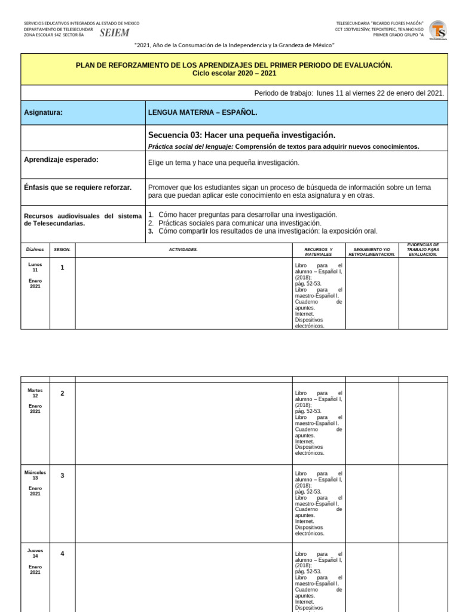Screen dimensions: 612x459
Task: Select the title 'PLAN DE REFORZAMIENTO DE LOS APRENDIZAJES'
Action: [x=234, y=65]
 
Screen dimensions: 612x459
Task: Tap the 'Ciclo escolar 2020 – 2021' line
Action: [x=234, y=73]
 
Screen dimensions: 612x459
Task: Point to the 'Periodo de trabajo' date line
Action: [x=349, y=93]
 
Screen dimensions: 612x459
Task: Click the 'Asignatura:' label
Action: [x=43, y=112]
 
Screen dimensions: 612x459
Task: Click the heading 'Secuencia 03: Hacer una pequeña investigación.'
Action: [x=241, y=135]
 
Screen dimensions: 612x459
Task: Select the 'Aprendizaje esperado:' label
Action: [x=61, y=160]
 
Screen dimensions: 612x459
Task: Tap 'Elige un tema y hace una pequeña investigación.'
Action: [x=224, y=163]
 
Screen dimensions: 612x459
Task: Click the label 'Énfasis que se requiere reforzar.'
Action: [x=78, y=188]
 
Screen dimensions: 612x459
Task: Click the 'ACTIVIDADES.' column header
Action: [x=183, y=249]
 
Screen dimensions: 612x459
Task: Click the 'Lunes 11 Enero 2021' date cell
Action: [x=35, y=275]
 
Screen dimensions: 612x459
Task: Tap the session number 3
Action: [x=62, y=476]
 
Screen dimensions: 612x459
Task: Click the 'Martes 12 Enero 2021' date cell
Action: [x=35, y=400]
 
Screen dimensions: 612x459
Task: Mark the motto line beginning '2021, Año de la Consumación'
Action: [x=234, y=45]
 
